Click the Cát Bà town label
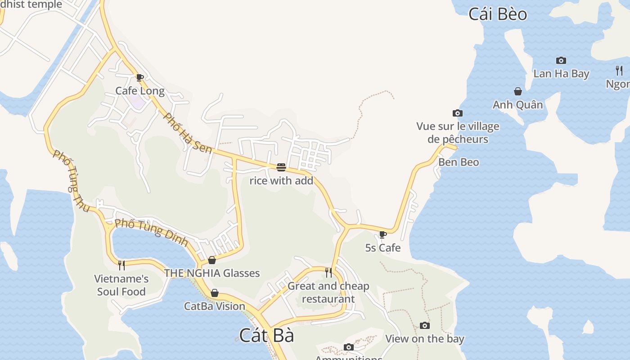pyautogui.click(x=266, y=336)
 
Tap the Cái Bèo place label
pyautogui.click(x=498, y=14)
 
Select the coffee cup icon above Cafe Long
pyautogui.click(x=139, y=77)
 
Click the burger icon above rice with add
pyautogui.click(x=281, y=168)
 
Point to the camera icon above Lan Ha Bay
pyautogui.click(x=561, y=60)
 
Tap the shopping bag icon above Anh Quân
pyautogui.click(x=518, y=92)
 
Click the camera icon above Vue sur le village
pyautogui.click(x=457, y=113)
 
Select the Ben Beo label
pyautogui.click(x=459, y=162)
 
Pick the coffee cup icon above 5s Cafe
pyautogui.click(x=382, y=234)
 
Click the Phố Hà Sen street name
pyautogui.click(x=187, y=133)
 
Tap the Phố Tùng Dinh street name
pyautogui.click(x=151, y=232)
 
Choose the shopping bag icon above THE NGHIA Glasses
pyautogui.click(x=212, y=260)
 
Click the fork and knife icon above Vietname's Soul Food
pyautogui.click(x=121, y=265)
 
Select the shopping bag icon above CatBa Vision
pyautogui.click(x=215, y=293)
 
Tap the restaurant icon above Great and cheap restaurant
pyautogui.click(x=328, y=272)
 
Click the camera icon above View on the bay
pyautogui.click(x=424, y=325)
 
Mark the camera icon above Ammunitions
pyautogui.click(x=348, y=347)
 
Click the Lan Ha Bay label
pyautogui.click(x=561, y=74)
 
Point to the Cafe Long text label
pyautogui.click(x=140, y=91)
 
